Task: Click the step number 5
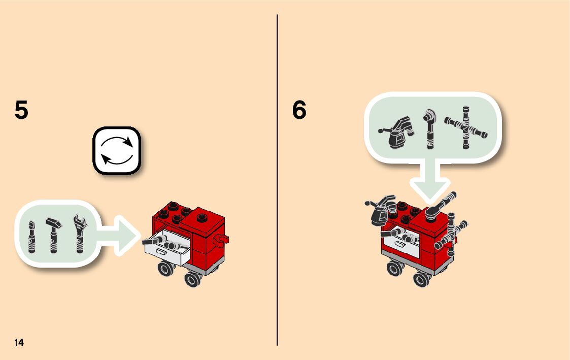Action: click(x=21, y=110)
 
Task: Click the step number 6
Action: click(x=299, y=110)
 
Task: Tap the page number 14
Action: click(x=19, y=342)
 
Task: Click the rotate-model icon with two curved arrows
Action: click(x=116, y=151)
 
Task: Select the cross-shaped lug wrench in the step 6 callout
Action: click(x=465, y=127)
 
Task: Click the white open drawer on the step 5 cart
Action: click(x=165, y=247)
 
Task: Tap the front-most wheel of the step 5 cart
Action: click(x=192, y=279)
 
